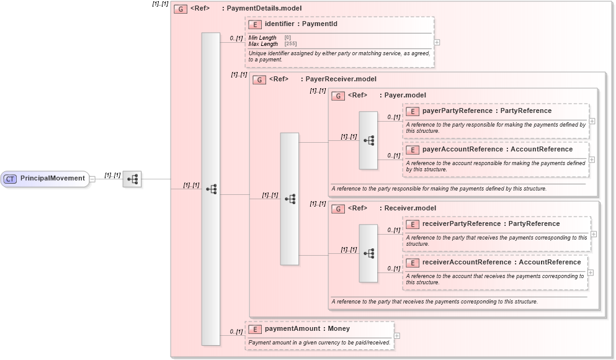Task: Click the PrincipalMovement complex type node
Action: point(45,179)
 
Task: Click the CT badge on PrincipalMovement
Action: point(10,179)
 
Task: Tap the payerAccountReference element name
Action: point(462,150)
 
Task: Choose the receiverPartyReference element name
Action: point(460,224)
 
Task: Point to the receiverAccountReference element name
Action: point(466,263)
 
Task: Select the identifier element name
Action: point(279,24)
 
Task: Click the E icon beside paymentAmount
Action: point(254,329)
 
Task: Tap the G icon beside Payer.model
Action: point(338,96)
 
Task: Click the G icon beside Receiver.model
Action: point(338,209)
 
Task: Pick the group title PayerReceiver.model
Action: point(341,79)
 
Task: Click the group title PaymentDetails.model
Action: point(264,9)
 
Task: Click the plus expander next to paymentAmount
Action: point(397,336)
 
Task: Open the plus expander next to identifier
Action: point(437,43)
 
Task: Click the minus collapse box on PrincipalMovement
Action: point(92,179)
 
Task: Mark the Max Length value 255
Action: point(290,44)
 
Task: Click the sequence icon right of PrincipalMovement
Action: point(132,179)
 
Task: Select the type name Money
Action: point(339,329)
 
